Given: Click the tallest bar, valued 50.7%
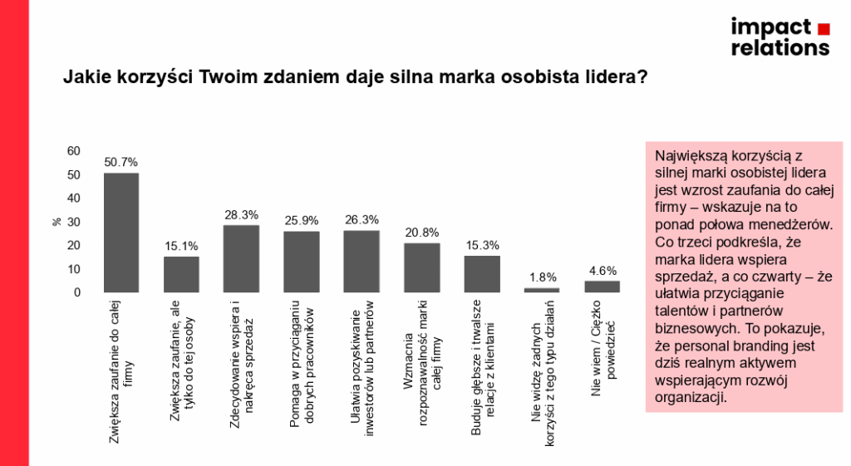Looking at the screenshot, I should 121,233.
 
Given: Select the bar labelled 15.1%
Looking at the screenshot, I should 181,274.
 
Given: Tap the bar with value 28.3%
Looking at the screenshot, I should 242,258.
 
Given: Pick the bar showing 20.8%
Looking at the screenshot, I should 422,267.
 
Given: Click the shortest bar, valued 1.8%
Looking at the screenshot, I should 542,290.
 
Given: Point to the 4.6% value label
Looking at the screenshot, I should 603,271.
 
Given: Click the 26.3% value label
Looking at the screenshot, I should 362,220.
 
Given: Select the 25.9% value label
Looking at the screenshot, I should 302,221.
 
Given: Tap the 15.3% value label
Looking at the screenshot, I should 482,246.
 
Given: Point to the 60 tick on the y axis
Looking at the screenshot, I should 74,150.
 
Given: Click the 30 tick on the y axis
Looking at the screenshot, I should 74,222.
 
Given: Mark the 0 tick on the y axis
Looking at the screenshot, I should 77,292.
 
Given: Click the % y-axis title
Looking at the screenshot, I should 57,222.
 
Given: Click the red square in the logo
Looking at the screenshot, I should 823,28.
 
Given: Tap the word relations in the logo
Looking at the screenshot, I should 780,47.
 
